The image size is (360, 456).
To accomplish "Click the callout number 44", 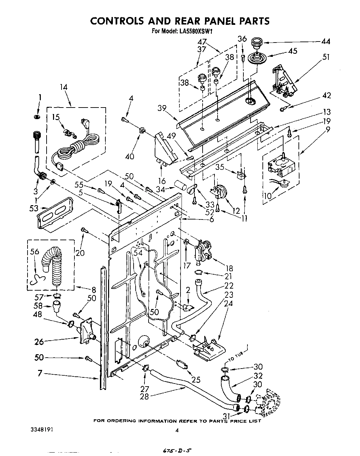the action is pyautogui.click(x=325, y=42).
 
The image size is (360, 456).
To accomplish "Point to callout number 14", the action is pyautogui.click(x=64, y=87).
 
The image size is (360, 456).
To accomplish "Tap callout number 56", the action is pyautogui.click(x=34, y=252).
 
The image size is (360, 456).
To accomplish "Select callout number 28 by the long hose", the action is pyautogui.click(x=144, y=396).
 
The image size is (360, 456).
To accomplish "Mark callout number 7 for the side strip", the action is pyautogui.click(x=40, y=373).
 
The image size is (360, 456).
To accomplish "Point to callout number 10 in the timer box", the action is pyautogui.click(x=267, y=196).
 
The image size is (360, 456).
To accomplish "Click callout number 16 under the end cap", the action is pyautogui.click(x=162, y=180).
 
